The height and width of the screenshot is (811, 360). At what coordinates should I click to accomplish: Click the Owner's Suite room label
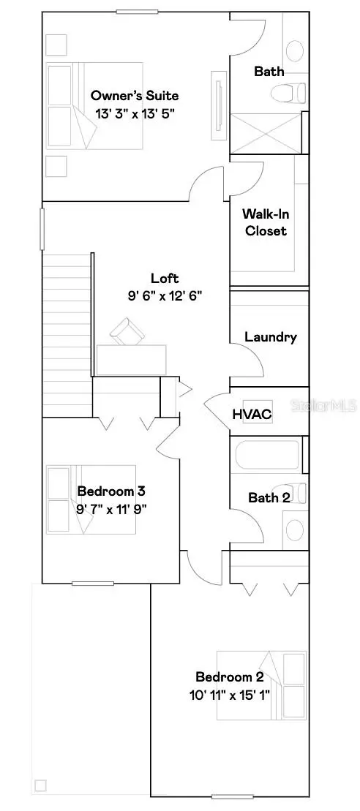[x=135, y=96]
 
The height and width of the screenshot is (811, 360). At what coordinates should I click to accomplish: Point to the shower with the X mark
[x=266, y=134]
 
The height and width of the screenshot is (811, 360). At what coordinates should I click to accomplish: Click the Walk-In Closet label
[x=265, y=223]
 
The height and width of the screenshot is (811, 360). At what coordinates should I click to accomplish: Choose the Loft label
[x=165, y=278]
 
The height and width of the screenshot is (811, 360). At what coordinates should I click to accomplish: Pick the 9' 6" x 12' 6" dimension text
[x=165, y=295]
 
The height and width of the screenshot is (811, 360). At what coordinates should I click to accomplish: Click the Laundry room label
[x=271, y=337]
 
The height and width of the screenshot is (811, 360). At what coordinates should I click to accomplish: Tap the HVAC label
[x=252, y=415]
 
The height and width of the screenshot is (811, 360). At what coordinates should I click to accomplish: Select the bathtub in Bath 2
[x=268, y=454]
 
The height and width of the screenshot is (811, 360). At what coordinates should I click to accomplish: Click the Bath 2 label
[x=269, y=498]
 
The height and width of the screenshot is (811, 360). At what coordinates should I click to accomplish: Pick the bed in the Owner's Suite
[x=73, y=107]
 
